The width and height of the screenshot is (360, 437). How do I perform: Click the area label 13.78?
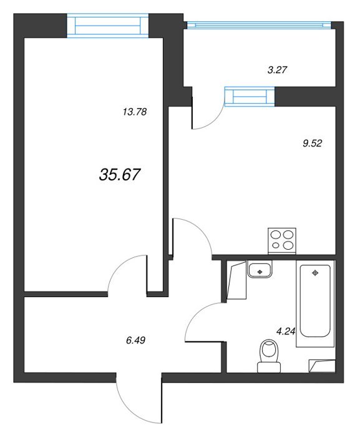tap(135, 112)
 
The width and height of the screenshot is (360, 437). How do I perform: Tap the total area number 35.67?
tap(119, 175)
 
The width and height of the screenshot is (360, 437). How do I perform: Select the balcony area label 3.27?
tap(277, 70)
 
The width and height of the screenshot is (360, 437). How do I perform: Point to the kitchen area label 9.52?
tap(312, 143)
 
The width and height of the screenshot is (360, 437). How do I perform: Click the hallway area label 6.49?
tap(135, 340)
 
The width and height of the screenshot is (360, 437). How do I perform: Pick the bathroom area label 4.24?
tap(286, 331)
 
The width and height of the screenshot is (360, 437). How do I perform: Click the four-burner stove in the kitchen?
tap(282, 241)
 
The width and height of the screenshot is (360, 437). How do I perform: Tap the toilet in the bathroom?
tap(269, 356)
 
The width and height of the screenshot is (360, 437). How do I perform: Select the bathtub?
tap(315, 304)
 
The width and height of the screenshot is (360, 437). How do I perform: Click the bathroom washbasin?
tap(260, 270)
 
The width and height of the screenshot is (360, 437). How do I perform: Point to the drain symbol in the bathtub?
tap(315, 273)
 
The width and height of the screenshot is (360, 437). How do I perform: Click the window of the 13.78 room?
tap(107, 26)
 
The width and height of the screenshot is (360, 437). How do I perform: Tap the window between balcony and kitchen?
tap(250, 96)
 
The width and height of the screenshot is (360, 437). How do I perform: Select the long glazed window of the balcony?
tap(259, 25)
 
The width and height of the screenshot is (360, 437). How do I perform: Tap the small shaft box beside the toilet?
tap(322, 366)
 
